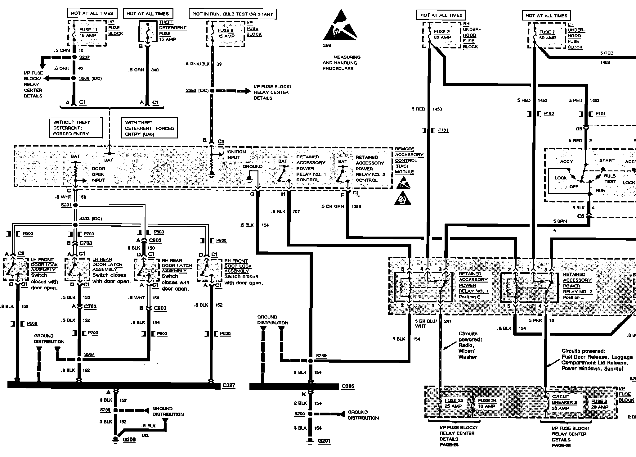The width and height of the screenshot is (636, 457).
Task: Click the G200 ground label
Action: pyautogui.click(x=129, y=440)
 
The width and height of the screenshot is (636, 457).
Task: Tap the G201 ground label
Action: pyautogui.click(x=324, y=441)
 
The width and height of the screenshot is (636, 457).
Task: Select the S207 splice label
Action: pyautogui.click(x=84, y=57)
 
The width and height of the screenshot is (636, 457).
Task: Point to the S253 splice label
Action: pyautogui.click(x=191, y=90)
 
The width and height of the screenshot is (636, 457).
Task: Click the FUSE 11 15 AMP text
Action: pyautogui.click(x=88, y=33)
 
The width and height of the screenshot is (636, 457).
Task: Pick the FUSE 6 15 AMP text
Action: pyautogui.click(x=226, y=33)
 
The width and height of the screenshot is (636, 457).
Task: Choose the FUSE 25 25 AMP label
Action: pyautogui.click(x=454, y=403)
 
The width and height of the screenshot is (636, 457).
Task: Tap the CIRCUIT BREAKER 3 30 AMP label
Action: pyautogui.click(x=564, y=402)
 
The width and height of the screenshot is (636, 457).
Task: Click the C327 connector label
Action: pyautogui.click(x=229, y=385)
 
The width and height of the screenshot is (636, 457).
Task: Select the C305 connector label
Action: pyautogui.click(x=348, y=386)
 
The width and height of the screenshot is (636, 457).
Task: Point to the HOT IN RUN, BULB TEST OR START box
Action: pyautogui.click(x=233, y=14)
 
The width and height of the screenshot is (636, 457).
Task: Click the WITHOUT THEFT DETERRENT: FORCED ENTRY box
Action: pyautogui.click(x=75, y=128)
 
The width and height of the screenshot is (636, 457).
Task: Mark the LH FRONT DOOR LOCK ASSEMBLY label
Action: pyautogui.click(x=44, y=265)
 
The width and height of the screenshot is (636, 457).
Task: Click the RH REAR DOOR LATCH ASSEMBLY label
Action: pyautogui.click(x=177, y=265)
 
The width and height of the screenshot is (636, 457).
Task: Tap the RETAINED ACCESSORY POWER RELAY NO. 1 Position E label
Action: pyautogui.click(x=473, y=285)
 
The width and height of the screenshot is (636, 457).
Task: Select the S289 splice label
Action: pyautogui.click(x=321, y=355)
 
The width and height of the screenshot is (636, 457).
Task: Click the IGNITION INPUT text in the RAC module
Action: pyautogui.click(x=236, y=154)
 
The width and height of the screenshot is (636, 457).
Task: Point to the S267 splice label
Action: pyautogui.click(x=89, y=354)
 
